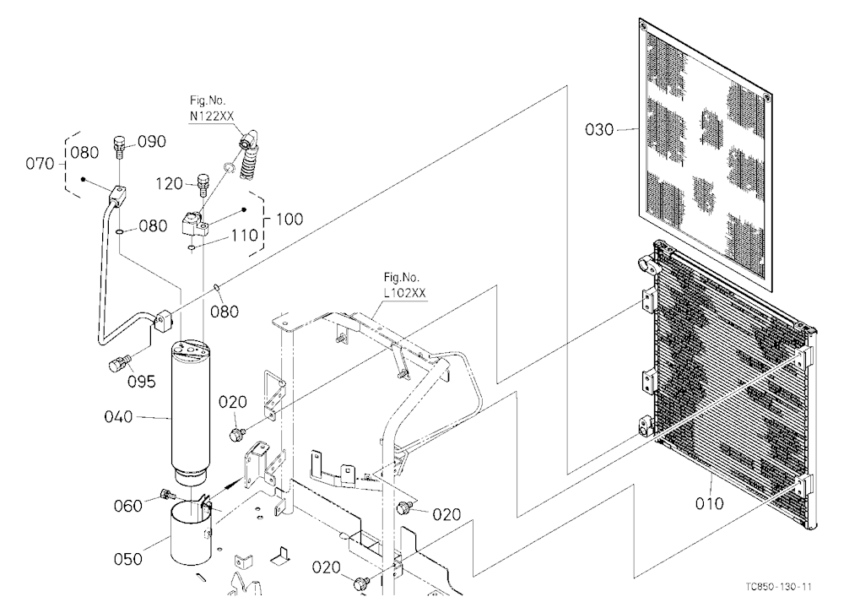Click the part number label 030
point(599,130)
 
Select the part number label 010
point(709,503)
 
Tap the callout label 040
point(118,416)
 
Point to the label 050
point(128,559)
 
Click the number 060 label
point(128,506)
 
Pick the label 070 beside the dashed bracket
point(40,163)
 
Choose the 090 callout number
point(152,142)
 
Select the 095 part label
point(142,382)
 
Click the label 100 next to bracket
point(289,220)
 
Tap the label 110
point(245,236)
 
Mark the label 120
point(170,184)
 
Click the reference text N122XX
point(212,116)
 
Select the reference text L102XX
point(405,293)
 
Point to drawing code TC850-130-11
point(779,587)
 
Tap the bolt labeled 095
point(120,364)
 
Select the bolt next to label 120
point(203,185)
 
